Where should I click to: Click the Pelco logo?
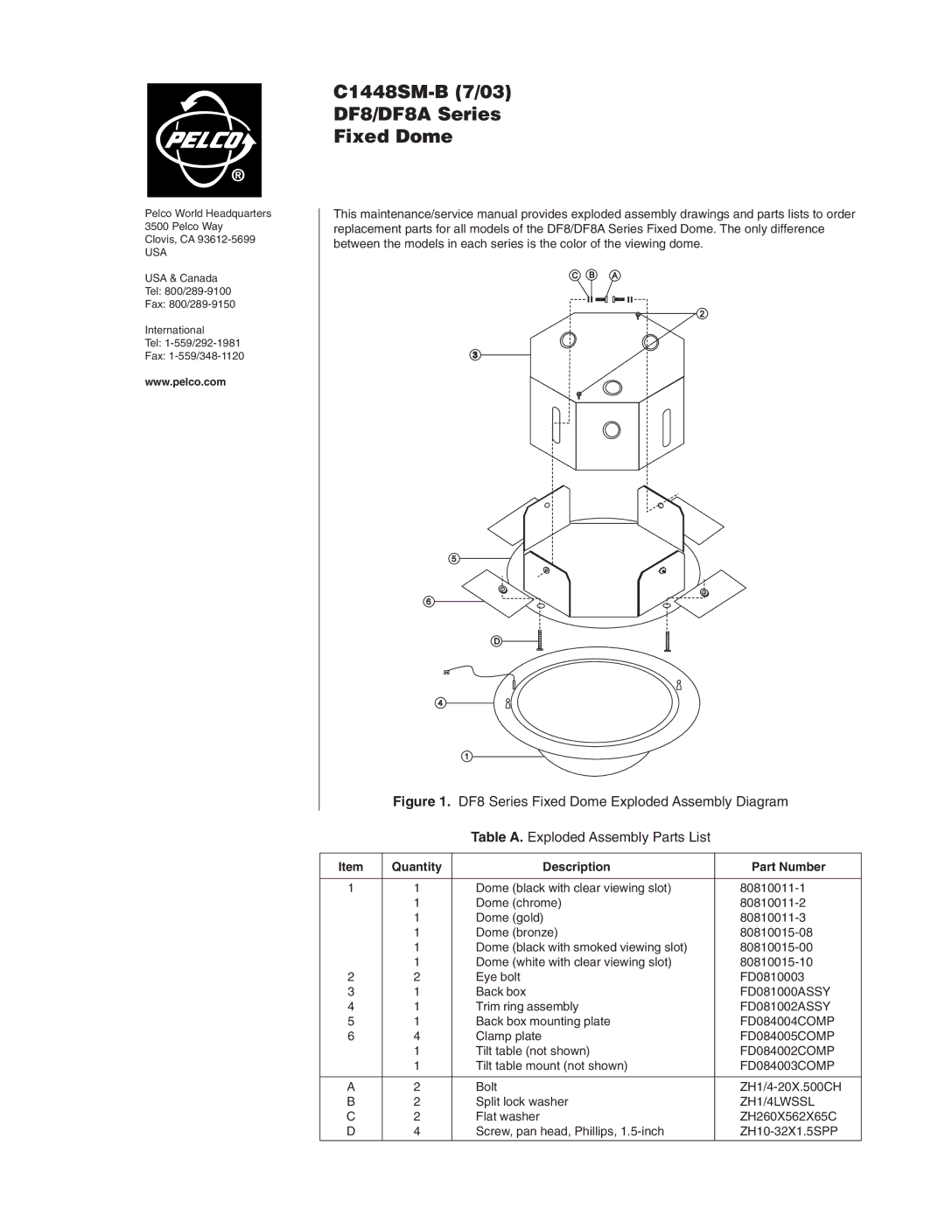click(204, 140)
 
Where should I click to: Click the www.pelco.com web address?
click(185, 382)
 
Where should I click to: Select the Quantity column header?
click(416, 867)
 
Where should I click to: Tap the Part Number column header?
click(788, 867)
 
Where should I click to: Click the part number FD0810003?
click(772, 977)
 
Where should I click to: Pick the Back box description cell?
click(500, 992)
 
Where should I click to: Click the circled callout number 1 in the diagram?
click(467, 756)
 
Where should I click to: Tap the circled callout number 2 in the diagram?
click(702, 314)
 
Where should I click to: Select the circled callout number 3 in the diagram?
click(474, 355)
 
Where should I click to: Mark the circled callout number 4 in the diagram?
click(441, 702)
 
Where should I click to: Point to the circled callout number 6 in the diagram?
click(430, 601)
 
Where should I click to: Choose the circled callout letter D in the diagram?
click(495, 641)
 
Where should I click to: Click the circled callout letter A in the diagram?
click(615, 276)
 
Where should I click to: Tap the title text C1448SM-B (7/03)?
click(422, 92)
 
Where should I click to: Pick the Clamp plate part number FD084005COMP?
click(787, 1037)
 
